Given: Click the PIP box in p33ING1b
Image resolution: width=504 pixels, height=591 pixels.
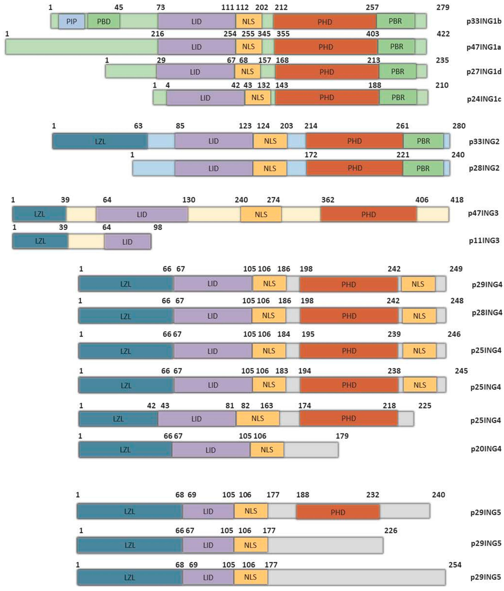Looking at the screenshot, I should (72, 21).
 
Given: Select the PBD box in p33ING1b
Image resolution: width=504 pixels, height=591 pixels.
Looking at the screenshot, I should (104, 21).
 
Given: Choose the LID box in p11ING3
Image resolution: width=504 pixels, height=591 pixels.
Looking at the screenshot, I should (127, 242).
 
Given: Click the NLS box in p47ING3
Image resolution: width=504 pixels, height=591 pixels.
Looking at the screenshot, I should (261, 214).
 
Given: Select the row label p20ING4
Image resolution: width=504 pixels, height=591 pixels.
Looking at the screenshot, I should (486, 449).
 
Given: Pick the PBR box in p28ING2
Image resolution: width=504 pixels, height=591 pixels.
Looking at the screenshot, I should (423, 168).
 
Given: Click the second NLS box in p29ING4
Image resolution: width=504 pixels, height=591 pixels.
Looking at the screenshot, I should (418, 284).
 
